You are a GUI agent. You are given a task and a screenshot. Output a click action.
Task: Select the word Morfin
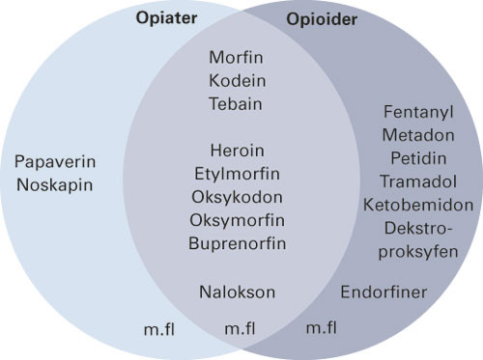click(x=238, y=58)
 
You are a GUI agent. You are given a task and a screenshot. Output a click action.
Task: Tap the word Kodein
click(x=238, y=80)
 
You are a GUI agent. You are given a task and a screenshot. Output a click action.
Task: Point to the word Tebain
click(x=238, y=102)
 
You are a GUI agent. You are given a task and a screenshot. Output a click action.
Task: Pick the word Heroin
click(x=238, y=151)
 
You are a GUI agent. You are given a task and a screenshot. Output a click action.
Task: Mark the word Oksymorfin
click(x=238, y=219)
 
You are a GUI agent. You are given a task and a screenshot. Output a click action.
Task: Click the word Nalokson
click(x=238, y=291)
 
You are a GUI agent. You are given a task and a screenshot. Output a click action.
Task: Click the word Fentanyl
click(x=417, y=112)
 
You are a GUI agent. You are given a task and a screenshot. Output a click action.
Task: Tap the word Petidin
click(x=417, y=157)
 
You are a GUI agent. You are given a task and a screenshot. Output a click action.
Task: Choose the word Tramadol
click(x=417, y=180)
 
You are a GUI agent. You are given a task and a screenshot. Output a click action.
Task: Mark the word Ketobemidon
click(x=417, y=204)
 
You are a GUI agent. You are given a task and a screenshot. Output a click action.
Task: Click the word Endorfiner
click(x=384, y=291)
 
